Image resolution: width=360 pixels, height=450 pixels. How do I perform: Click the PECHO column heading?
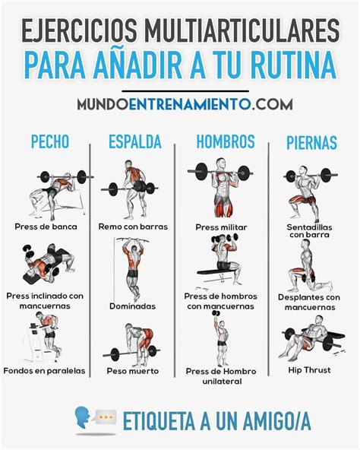pos(49,141)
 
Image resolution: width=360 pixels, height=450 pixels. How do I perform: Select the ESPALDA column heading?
pos(134,141)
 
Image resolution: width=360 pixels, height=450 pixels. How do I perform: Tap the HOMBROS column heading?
pos(226,141)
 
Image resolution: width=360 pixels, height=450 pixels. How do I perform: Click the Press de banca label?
pos(46,227)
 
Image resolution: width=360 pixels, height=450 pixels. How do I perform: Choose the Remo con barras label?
pos(133,227)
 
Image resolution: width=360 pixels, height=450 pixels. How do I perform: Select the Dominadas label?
pos(132,306)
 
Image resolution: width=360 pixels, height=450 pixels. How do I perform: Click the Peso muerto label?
pos(133,371)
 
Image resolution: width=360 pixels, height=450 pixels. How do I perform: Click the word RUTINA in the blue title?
pos(292,64)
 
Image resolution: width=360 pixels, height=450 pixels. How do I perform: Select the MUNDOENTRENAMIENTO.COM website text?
pos(179,103)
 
